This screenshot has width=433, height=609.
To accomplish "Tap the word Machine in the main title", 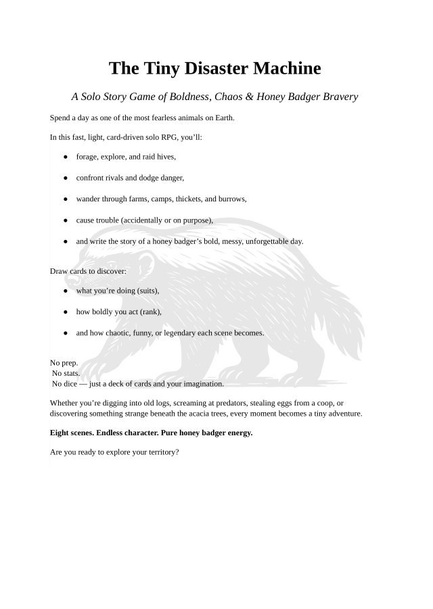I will [x=286, y=68].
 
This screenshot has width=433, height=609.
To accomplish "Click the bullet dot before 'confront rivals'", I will [x=66, y=178].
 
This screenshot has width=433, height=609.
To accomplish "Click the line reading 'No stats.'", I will [x=66, y=373].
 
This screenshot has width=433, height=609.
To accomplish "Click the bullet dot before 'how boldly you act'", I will [x=66, y=312].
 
